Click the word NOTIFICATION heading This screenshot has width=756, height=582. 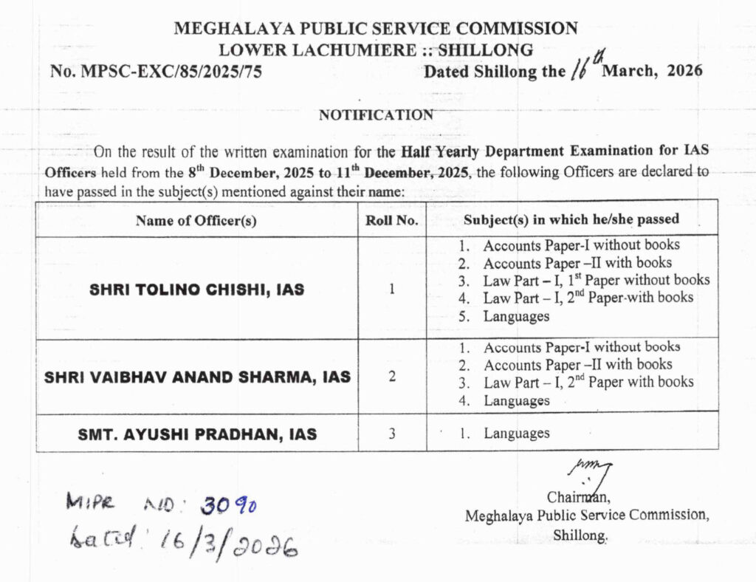376,115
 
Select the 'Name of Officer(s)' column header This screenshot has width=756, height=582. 196,221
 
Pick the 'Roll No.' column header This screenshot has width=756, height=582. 392,221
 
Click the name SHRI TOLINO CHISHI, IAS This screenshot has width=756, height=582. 196,290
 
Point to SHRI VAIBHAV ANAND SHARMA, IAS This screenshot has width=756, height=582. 197,377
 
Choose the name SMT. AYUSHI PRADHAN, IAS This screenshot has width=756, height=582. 197,434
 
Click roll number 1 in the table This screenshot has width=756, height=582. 392,289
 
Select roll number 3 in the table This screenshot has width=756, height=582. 392,434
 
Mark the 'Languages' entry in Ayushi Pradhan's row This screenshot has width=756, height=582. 516,434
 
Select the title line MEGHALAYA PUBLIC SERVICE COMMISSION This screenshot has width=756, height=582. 376,30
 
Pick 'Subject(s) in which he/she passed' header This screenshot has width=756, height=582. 571,220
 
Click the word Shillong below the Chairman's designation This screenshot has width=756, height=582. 580,535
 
